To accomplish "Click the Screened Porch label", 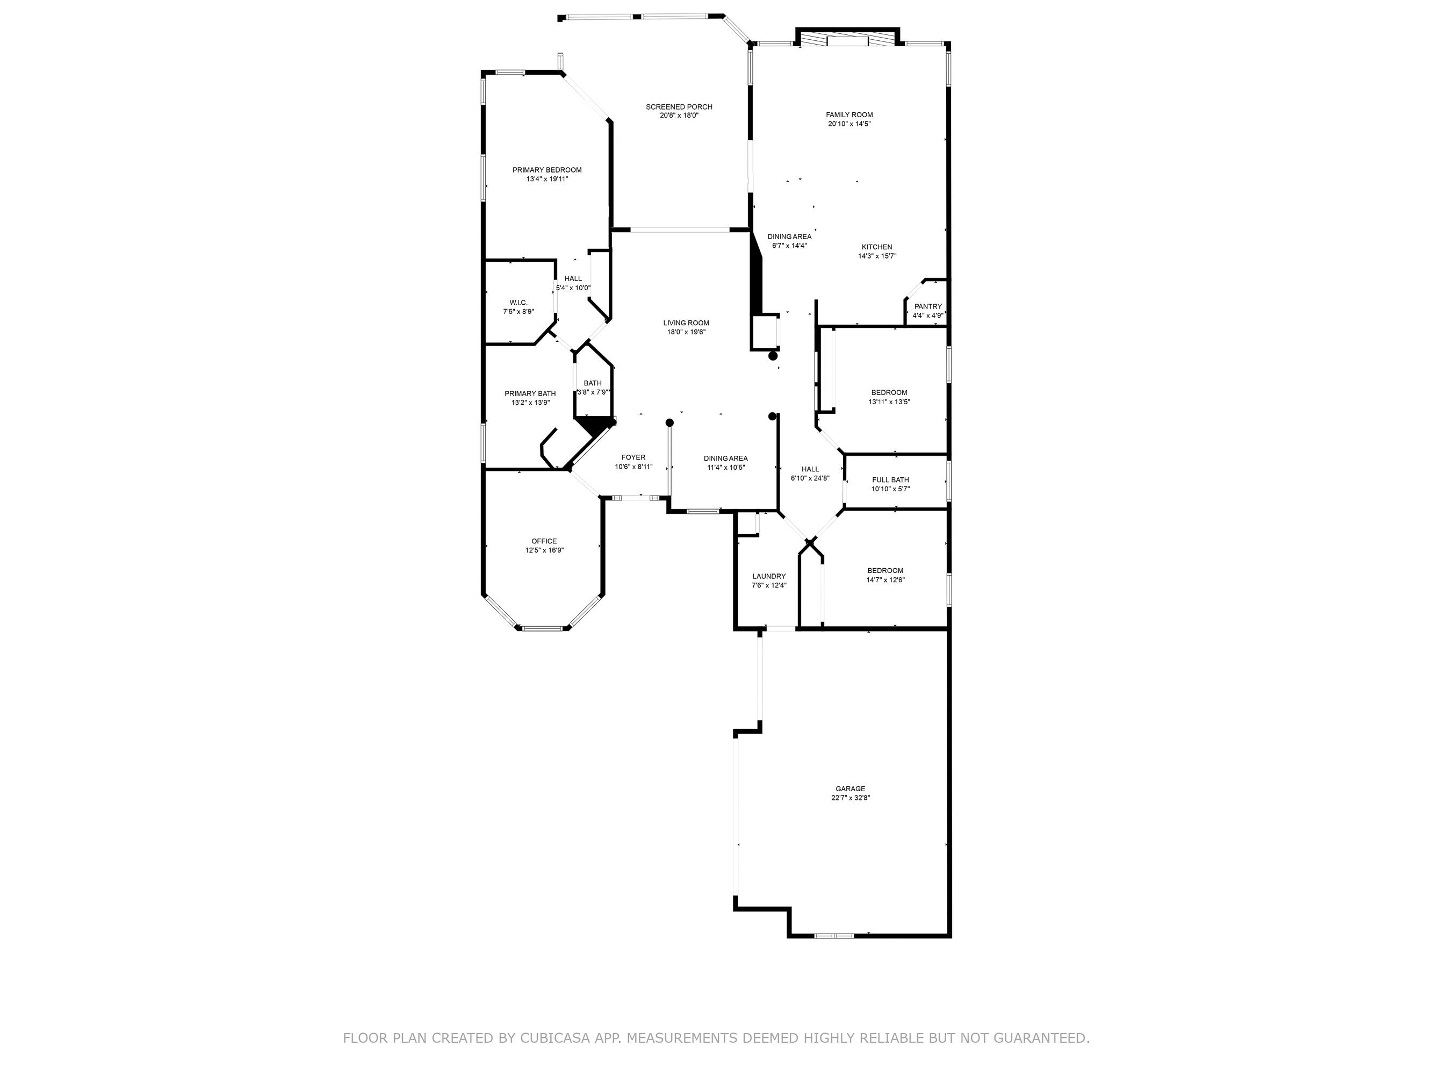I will (679, 107).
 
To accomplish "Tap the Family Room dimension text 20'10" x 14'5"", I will (849, 124).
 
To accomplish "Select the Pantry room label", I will (928, 306).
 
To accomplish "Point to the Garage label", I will (850, 789).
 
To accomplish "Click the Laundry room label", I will (769, 576).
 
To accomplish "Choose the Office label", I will (544, 541).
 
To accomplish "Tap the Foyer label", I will (633, 457).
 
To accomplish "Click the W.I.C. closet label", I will (519, 303).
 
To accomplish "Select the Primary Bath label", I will (530, 393).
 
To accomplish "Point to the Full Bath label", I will (890, 480).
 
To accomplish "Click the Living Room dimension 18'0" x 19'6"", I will (686, 332).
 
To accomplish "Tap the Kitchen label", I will (876, 247).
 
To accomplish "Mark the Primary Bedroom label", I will (547, 170).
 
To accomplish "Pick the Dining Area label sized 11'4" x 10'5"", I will (725, 458).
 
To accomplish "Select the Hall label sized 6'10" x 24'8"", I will (810, 469).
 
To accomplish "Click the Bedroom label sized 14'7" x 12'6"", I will (885, 571).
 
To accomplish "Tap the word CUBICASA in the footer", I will (554, 1038).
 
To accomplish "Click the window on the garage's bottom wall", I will (834, 936).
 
